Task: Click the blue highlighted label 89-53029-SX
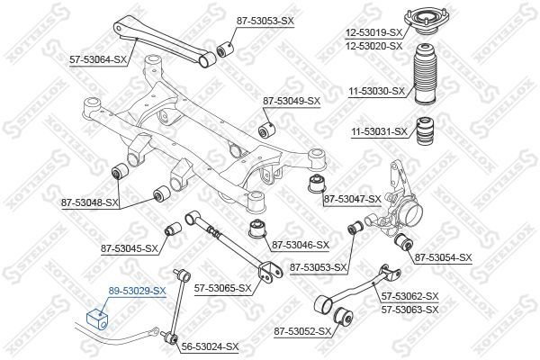138,291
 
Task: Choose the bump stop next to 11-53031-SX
424,130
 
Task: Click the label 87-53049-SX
291,100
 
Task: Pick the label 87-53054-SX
442,257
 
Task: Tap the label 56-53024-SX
209,346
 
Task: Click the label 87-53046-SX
301,244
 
